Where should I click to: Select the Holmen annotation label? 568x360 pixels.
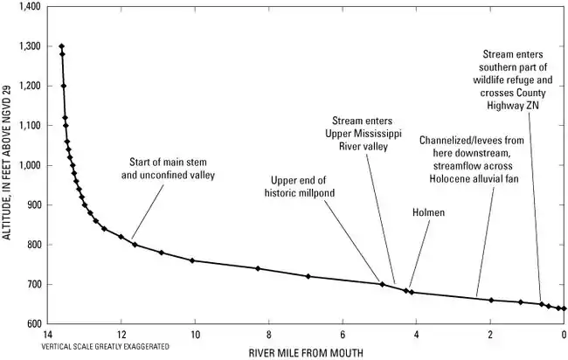point(428,211)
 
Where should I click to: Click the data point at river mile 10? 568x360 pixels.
point(193,260)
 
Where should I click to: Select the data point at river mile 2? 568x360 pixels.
point(491,300)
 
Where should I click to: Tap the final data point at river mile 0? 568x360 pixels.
point(565,308)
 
